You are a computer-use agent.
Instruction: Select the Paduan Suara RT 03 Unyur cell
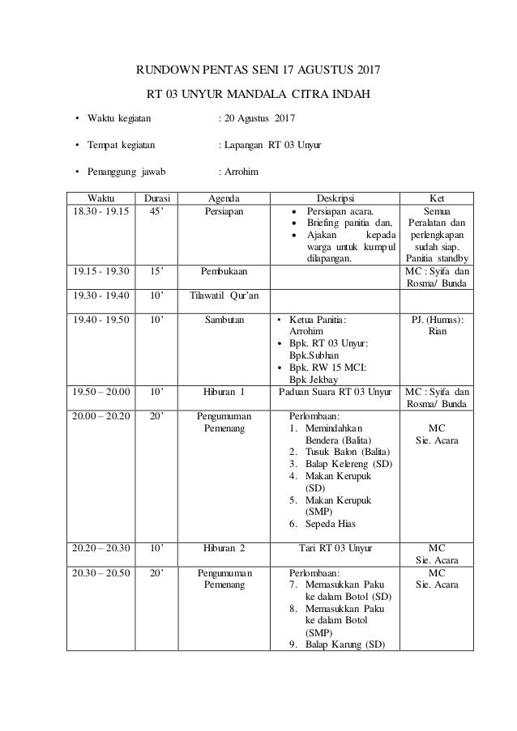(334, 392)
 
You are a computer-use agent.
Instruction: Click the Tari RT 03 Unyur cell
(334, 548)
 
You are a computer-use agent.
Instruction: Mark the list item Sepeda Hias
(332, 525)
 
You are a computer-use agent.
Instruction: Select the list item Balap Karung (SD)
(345, 644)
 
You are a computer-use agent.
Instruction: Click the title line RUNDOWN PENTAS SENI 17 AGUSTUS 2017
(258, 67)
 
